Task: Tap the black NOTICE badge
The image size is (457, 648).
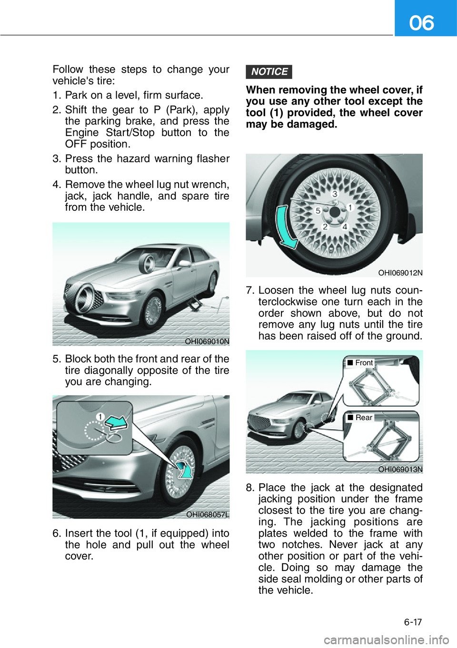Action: coord(269,72)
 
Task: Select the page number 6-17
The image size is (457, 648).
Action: coord(413,622)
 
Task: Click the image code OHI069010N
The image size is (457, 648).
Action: coord(207,341)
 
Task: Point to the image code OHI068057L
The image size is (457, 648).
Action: coord(208,514)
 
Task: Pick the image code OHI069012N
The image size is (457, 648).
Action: coord(400,273)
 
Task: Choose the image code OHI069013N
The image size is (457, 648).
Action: coord(400,469)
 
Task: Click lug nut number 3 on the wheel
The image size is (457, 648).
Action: coord(335,194)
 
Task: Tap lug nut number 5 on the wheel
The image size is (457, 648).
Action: coord(318,210)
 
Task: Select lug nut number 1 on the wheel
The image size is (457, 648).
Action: coord(350,207)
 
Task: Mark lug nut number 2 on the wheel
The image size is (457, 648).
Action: coord(325,226)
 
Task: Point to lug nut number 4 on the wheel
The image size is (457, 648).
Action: coord(345,226)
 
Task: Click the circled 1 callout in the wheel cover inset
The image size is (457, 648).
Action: coord(100,417)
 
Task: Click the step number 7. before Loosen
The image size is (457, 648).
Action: coord(250,290)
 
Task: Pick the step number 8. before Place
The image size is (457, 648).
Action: coord(250,488)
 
